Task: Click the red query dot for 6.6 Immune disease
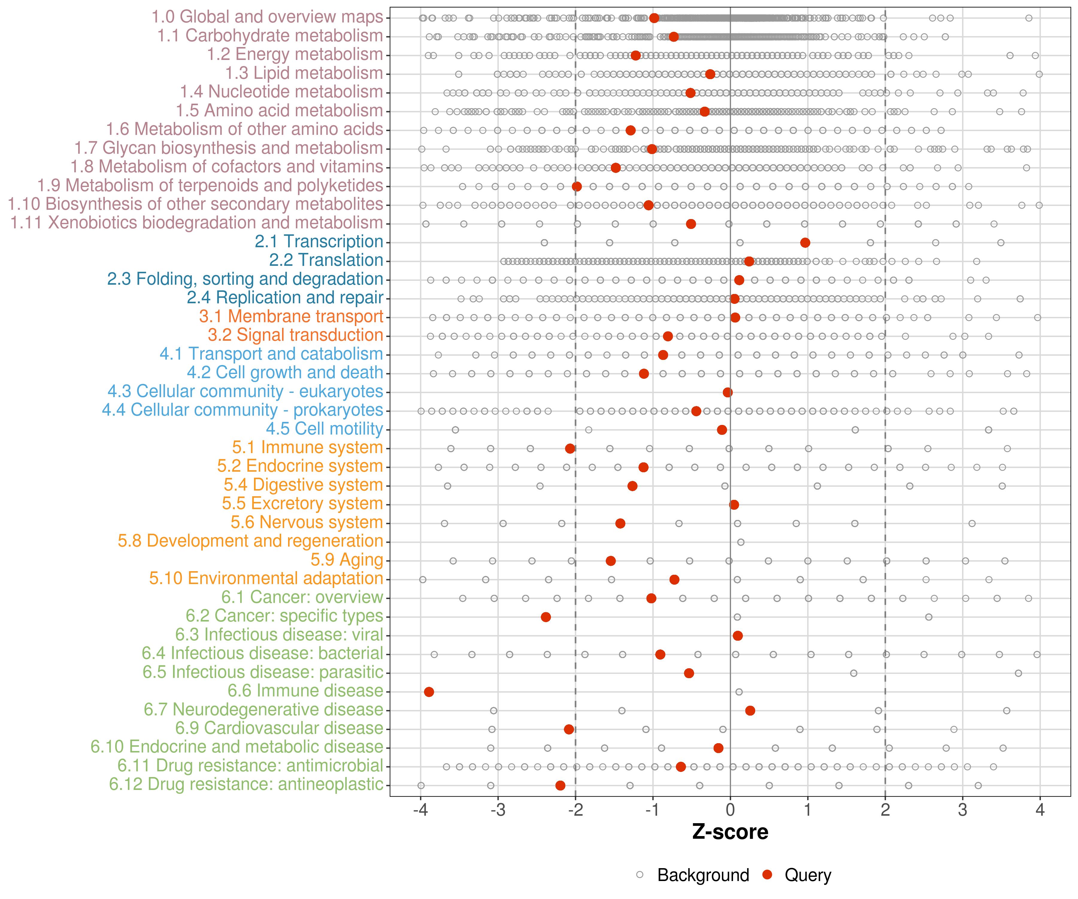(x=429, y=692)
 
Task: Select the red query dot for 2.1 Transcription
(x=805, y=242)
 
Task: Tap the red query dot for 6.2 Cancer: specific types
(x=546, y=617)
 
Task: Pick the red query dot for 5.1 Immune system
(x=570, y=449)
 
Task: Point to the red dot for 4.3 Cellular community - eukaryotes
(x=727, y=393)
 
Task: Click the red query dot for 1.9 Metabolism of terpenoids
(x=577, y=186)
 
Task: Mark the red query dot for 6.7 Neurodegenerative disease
(x=750, y=711)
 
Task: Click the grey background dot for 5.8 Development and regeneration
(x=741, y=542)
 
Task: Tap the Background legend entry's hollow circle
(x=640, y=875)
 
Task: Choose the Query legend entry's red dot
(x=767, y=875)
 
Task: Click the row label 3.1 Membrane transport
(x=291, y=316)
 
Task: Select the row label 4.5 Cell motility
(x=324, y=429)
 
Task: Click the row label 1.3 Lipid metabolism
(x=304, y=73)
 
